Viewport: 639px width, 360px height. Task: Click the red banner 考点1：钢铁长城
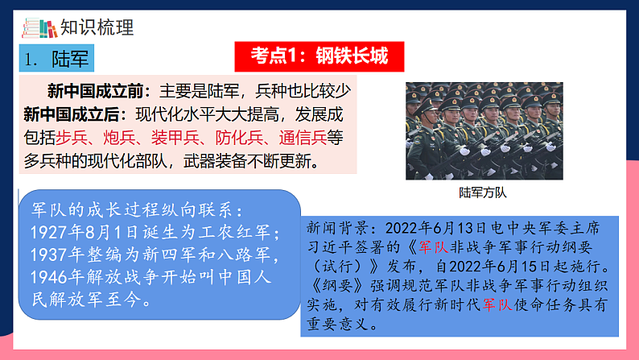(319, 56)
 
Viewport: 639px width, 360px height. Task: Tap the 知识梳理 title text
(100, 27)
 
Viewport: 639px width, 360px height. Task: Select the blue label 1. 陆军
(55, 59)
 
